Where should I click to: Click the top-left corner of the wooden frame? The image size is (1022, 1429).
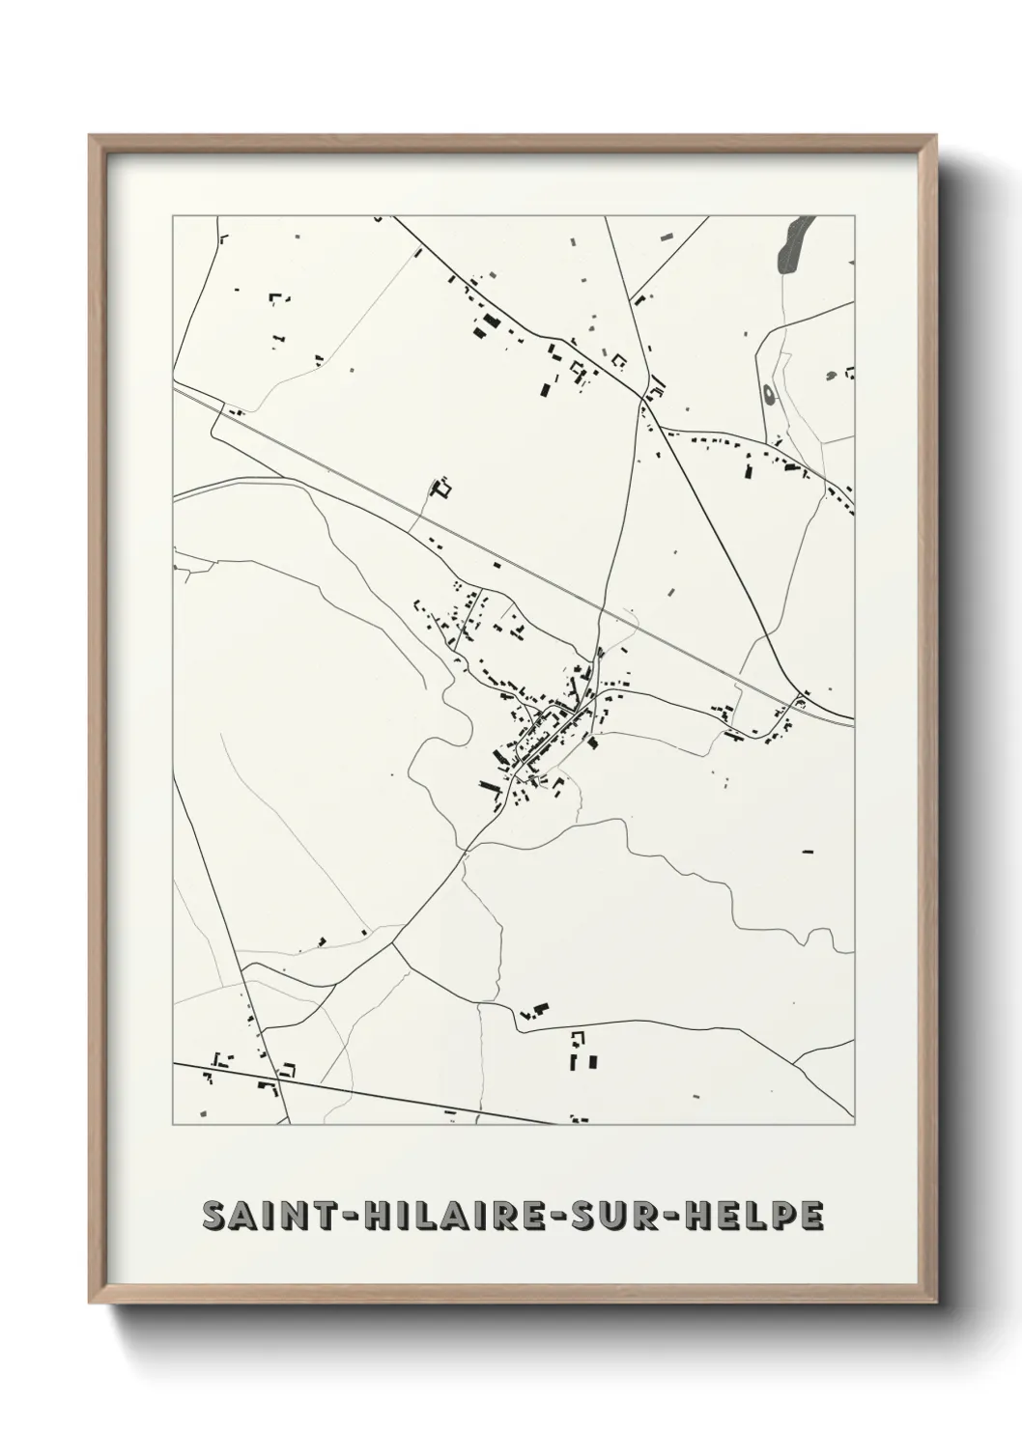pyautogui.click(x=91, y=136)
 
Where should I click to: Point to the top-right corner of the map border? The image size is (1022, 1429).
pyautogui.click(x=855, y=215)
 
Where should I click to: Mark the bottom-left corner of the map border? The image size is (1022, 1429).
pyautogui.click(x=173, y=1126)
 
